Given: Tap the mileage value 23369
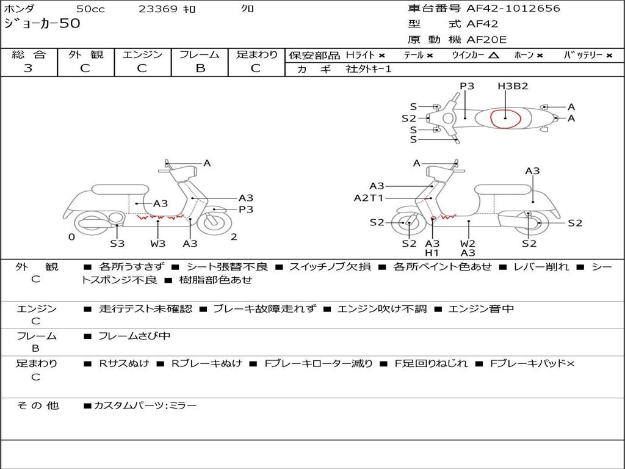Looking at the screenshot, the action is [x=158, y=9].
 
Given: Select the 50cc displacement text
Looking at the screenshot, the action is [x=90, y=9].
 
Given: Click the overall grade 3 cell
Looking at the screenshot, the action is [x=28, y=68].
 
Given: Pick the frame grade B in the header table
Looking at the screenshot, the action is [x=200, y=68].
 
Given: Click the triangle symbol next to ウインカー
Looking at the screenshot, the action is [x=493, y=55].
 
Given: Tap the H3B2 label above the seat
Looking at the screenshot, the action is [x=513, y=86].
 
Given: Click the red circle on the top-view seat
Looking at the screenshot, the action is [x=506, y=117].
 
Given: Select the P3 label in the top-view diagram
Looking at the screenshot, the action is [x=467, y=86].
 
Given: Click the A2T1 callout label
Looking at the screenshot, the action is [x=369, y=198].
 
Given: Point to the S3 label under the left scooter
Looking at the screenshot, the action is [x=117, y=244].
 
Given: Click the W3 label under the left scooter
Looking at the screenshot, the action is [x=158, y=244].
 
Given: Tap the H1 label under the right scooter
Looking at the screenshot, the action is [x=432, y=253].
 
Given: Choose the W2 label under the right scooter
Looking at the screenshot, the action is [x=468, y=243].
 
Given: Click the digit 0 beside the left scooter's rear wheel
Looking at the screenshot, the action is [x=71, y=237].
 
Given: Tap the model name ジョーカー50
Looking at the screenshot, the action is [x=42, y=24].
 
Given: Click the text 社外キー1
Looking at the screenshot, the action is [x=369, y=69].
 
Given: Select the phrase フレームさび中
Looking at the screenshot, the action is [x=134, y=336].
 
